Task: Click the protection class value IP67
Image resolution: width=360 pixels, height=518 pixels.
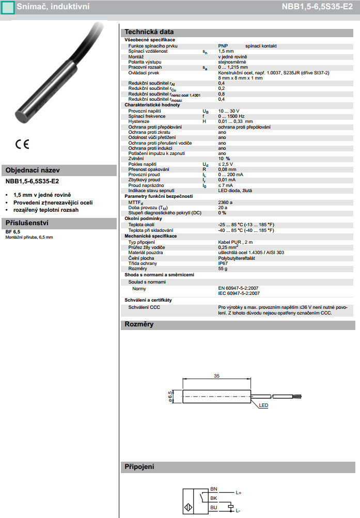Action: pyautogui.click(x=223, y=263)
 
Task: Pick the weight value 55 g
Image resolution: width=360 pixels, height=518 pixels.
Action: pyautogui.click(x=223, y=269)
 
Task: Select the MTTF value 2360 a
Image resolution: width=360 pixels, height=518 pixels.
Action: pyautogui.click(x=225, y=202)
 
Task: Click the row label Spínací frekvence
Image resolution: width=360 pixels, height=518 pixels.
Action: pyautogui.click(x=147, y=116)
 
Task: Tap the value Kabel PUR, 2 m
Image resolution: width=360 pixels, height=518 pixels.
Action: pyautogui.click(x=236, y=242)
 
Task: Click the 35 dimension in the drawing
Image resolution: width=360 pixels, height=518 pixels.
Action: pyautogui.click(x=216, y=376)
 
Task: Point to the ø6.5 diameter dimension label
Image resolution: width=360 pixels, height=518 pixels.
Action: pyautogui.click(x=170, y=396)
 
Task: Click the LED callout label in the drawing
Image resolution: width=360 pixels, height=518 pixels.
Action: pyautogui.click(x=263, y=406)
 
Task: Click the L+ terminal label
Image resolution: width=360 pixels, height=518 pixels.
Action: pyautogui.click(x=239, y=493)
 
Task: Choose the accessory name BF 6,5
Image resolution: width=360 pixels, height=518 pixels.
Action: pyautogui.click(x=13, y=232)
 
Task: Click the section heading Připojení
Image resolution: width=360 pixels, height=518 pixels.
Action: pyautogui.click(x=139, y=467)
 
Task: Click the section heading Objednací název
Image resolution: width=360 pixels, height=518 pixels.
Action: pyautogui.click(x=32, y=170)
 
